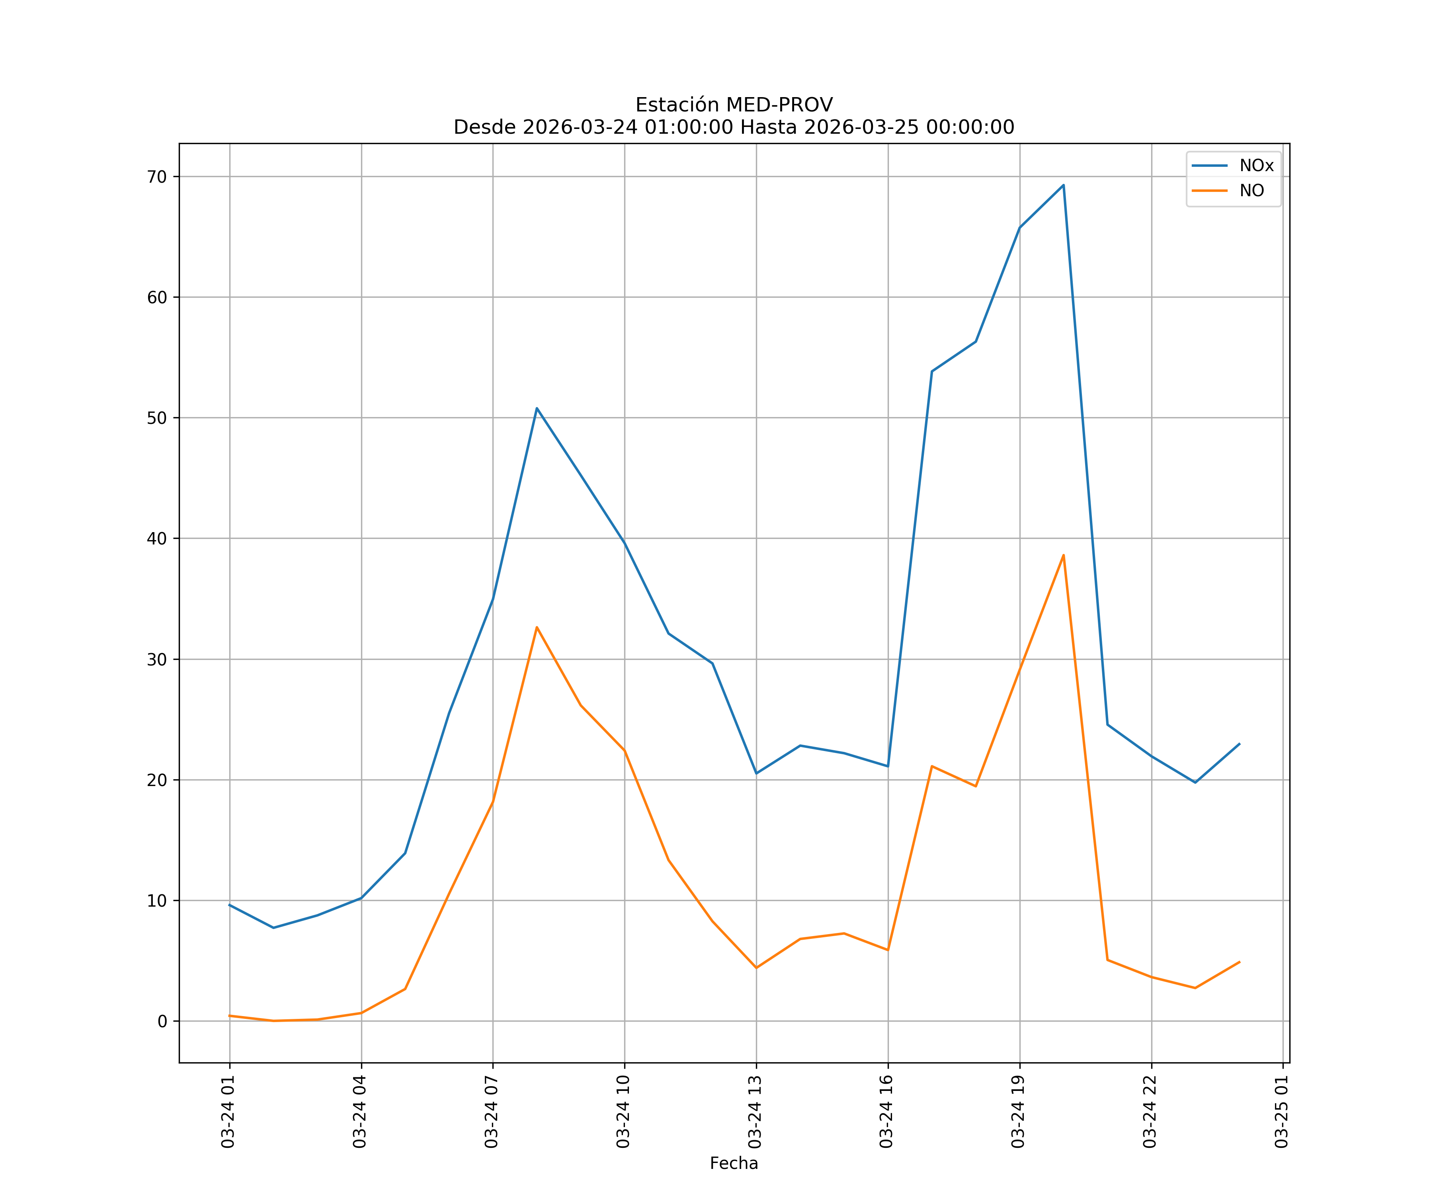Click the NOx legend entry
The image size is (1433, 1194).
(1255, 166)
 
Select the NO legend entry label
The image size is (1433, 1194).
(1251, 191)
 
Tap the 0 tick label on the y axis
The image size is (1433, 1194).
(162, 1021)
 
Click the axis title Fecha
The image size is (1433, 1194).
(734, 1163)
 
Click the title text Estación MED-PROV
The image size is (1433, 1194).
(734, 105)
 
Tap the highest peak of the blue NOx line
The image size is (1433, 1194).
(1063, 185)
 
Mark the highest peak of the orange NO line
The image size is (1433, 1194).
(1063, 555)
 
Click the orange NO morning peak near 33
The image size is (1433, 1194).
(537, 627)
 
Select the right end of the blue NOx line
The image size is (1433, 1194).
(1239, 744)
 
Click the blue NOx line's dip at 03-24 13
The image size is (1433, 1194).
(756, 773)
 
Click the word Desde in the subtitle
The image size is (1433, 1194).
(484, 128)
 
